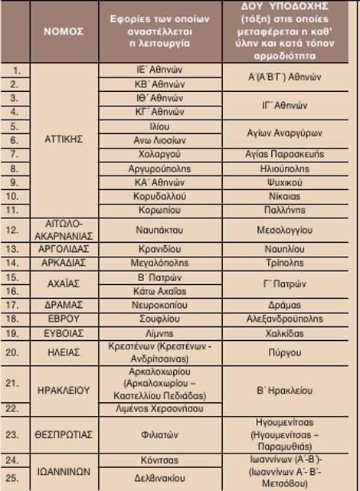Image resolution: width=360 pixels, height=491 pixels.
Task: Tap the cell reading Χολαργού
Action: tap(155, 154)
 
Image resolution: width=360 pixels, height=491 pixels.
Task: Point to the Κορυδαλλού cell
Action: tap(155, 196)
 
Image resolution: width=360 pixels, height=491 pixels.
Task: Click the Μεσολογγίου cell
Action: tap(290, 229)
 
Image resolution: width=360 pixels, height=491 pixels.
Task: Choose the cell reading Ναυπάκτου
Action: tap(155, 229)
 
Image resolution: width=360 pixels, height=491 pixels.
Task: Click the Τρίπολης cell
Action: tap(290, 262)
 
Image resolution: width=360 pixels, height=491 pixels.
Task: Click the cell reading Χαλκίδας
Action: tap(290, 332)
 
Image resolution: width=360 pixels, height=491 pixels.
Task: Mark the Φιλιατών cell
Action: tap(155, 433)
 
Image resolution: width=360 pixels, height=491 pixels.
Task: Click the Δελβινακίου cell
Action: tap(155, 476)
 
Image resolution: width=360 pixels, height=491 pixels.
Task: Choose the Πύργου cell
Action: tap(290, 352)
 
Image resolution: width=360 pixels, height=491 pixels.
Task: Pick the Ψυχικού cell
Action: tap(290, 182)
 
